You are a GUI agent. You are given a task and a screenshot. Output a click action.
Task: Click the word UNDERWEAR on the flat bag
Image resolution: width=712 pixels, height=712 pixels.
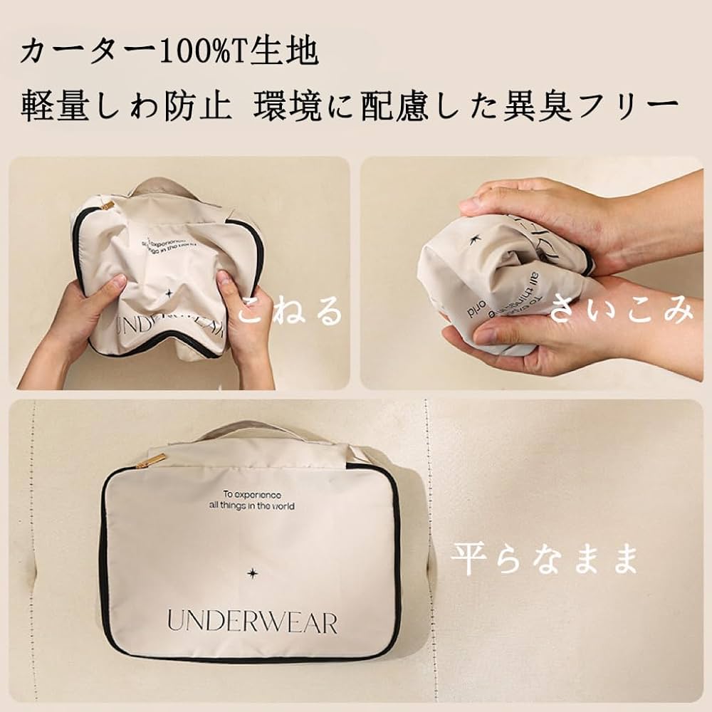(252, 622)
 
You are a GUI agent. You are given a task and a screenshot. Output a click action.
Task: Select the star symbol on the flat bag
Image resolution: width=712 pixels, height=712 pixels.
(252, 572)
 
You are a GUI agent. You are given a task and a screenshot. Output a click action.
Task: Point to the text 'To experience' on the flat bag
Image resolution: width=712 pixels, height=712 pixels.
(252, 494)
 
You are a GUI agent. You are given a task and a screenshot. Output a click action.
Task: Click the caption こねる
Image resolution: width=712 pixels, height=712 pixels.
(291, 312)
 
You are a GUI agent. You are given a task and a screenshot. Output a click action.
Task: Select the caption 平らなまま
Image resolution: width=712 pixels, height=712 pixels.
(544, 560)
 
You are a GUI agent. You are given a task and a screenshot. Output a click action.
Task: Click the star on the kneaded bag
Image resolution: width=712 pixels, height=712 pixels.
(169, 293)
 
